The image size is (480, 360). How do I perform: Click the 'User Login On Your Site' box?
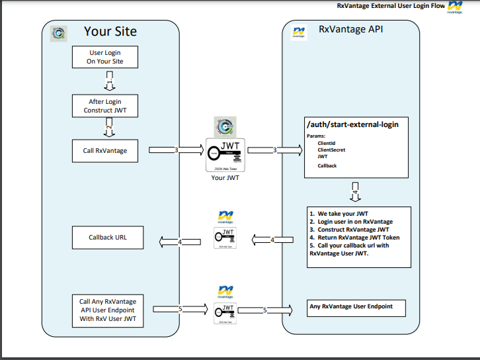[x=104, y=57]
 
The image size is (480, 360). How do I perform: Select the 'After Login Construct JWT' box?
[x=104, y=106]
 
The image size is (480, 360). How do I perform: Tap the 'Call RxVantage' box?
[x=104, y=151]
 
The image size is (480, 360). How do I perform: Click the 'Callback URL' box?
[x=107, y=237]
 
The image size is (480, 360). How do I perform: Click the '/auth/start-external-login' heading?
[x=352, y=124]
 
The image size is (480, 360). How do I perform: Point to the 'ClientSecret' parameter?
[x=331, y=150]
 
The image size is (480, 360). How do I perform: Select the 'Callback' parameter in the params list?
[x=327, y=165]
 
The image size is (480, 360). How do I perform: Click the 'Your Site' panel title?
[x=110, y=32]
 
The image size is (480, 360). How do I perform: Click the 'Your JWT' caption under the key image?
[x=225, y=177]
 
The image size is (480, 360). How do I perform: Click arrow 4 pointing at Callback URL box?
[x=179, y=242]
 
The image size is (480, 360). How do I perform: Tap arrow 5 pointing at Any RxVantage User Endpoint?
[x=265, y=310]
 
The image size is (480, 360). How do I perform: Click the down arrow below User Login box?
[x=111, y=83]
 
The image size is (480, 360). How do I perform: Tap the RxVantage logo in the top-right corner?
[x=455, y=8]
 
